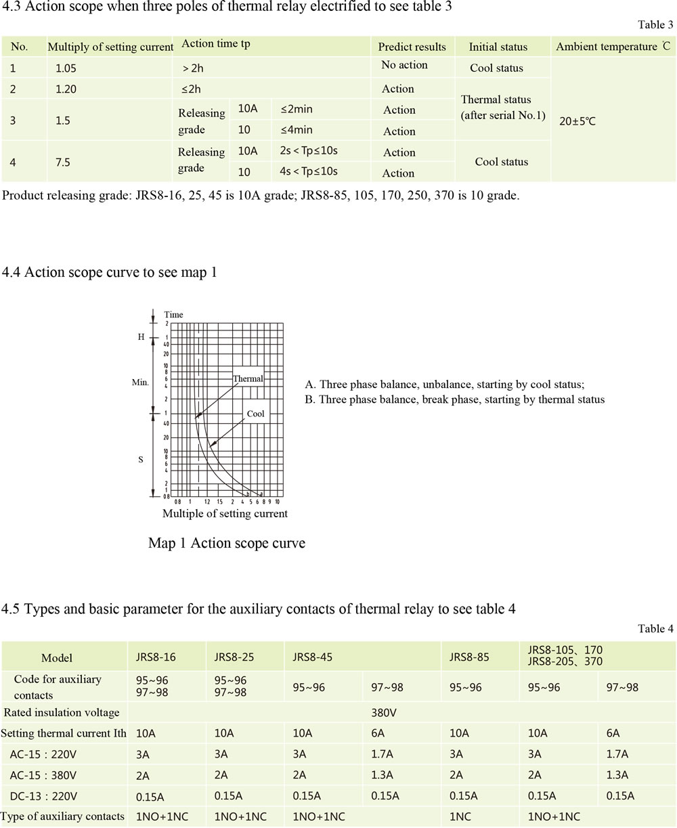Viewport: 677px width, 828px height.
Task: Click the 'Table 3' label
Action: tap(655, 25)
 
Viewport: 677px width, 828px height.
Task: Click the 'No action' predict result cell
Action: tap(404, 65)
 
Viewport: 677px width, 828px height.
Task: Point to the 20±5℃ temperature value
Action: tap(577, 123)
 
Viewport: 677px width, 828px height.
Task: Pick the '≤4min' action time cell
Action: tap(296, 130)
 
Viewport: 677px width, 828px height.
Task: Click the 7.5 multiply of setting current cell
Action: tap(63, 162)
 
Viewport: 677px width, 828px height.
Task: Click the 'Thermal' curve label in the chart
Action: tap(248, 378)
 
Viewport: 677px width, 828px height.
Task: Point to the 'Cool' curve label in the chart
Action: tap(255, 414)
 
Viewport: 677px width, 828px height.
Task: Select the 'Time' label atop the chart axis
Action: tap(173, 315)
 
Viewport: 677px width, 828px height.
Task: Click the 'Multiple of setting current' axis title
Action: tap(225, 514)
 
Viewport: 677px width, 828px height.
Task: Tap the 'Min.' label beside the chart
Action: tap(140, 383)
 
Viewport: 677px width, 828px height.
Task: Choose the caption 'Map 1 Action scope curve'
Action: tap(226, 544)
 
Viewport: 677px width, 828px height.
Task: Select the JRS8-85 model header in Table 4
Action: tap(469, 657)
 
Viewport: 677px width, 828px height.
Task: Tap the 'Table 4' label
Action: tap(655, 629)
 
